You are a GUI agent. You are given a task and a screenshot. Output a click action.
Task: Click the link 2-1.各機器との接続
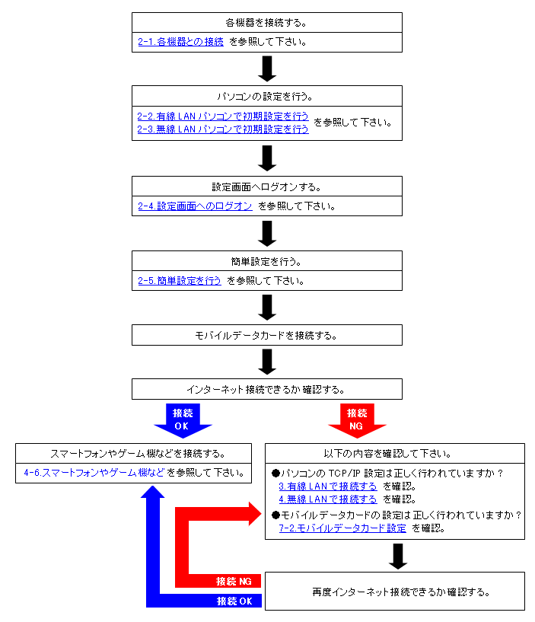coord(181,42)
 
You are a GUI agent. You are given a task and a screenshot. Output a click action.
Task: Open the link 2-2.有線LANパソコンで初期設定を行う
coord(223,116)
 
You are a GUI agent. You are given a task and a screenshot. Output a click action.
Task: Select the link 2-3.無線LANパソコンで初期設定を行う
coord(223,129)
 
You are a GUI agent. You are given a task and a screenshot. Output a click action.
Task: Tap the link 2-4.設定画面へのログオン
coord(195,206)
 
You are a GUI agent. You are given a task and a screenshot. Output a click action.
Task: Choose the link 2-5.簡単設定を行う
coord(180,281)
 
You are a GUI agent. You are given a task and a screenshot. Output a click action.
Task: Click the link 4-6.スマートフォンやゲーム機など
coord(94,473)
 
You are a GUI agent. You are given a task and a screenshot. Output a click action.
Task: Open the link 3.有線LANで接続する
coord(328,486)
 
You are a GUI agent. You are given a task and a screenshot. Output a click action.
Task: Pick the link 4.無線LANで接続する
coord(328,499)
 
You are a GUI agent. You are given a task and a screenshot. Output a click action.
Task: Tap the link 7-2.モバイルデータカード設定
coord(342,528)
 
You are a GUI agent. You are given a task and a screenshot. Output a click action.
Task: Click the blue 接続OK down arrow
coord(183,420)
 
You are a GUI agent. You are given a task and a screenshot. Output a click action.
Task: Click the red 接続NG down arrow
coord(357,420)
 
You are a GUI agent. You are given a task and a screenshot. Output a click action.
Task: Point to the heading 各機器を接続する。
coord(266,23)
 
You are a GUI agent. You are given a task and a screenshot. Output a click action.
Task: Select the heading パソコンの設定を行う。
coord(266,97)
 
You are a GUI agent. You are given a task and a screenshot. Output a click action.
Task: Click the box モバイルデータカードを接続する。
coord(267,335)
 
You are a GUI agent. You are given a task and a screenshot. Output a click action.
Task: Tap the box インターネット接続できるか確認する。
coord(267,389)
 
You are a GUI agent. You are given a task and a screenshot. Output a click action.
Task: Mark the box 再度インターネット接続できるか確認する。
coord(395,591)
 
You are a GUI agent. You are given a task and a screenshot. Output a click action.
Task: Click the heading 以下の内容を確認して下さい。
coord(387,454)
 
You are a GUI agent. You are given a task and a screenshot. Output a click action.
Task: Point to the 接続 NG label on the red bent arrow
coord(234,582)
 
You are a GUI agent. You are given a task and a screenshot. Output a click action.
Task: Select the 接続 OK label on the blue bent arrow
coord(234,601)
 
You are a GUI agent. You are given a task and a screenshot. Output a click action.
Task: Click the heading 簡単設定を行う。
coord(266,262)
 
